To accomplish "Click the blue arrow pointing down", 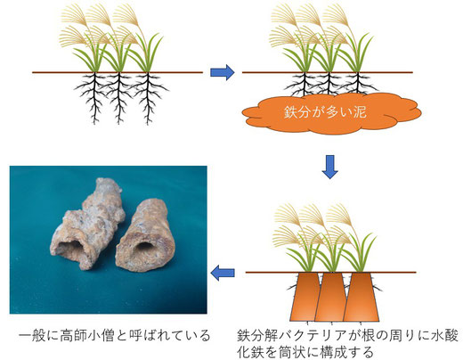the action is pos(330,167).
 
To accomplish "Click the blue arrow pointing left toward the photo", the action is pos(223,273).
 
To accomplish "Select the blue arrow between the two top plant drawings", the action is pos(223,72).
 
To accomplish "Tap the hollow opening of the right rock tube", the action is pos(144,248).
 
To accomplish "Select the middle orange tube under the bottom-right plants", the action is pos(331,297).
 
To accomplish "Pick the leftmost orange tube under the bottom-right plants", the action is pos(306,297).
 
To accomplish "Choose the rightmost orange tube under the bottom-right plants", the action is pos(361,297).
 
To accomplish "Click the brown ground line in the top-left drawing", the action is pos(118,72).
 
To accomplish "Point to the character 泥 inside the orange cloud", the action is pos(360,111).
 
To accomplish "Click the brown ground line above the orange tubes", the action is pos(331,272).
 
